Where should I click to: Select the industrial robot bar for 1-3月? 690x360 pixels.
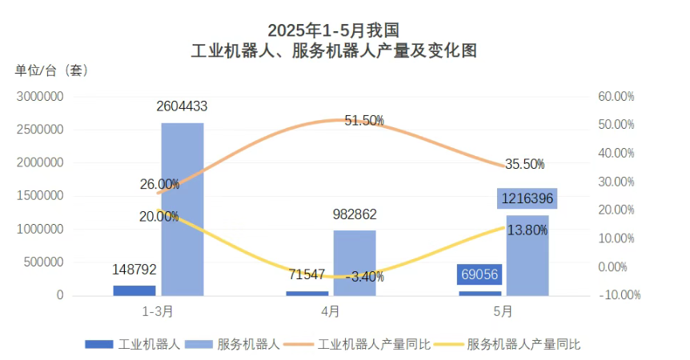coord(134,290)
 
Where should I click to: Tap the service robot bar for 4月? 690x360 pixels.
coord(355,263)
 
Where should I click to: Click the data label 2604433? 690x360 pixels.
coord(183,106)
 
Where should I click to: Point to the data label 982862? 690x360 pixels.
coord(355,214)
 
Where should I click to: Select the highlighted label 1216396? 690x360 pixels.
coord(527,198)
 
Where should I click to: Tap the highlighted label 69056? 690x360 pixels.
coord(480,274)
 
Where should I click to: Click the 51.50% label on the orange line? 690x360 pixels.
coord(364,121)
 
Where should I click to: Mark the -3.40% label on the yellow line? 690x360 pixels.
coord(364,277)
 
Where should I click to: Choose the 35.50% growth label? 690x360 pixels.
coord(524,164)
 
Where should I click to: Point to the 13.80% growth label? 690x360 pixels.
coord(525,230)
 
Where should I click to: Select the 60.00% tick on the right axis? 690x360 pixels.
coord(616,96)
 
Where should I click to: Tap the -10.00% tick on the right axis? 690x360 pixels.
coord(620,294)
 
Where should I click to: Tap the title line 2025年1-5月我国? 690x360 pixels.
coord(333,30)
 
